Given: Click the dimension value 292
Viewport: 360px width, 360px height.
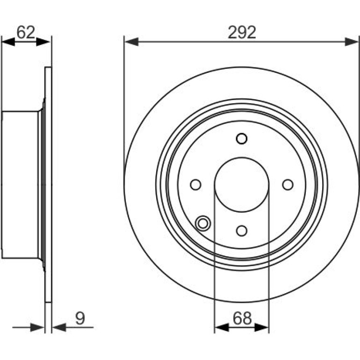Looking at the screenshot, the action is click(242, 32).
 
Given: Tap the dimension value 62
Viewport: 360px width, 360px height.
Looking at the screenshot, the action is click(26, 32).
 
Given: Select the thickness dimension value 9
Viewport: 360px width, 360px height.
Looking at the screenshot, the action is click(80, 318).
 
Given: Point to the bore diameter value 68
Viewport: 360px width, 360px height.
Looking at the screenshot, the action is click(242, 318).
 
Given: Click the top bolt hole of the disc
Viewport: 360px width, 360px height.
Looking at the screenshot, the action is click(242, 139).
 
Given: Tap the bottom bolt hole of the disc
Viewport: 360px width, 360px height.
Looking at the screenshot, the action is click(242, 230).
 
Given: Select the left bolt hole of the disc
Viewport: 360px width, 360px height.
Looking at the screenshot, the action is click(195, 185).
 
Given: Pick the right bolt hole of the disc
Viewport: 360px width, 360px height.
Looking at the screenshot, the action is click(288, 185).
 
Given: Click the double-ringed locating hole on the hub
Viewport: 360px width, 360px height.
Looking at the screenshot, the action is click(203, 223).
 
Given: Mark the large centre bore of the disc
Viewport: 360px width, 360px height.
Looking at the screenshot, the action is click(242, 185).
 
